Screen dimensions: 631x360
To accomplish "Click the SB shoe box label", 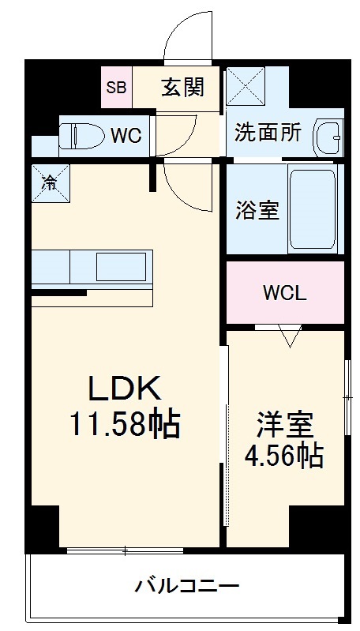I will pos(116,87).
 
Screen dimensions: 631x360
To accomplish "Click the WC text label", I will pos(126,135).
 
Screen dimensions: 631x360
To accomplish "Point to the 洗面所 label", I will pos(268,132).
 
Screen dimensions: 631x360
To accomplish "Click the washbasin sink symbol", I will pos(328,139).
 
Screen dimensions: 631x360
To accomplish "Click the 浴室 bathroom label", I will pos(257,211).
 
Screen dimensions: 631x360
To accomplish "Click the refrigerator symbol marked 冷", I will pos(50,182).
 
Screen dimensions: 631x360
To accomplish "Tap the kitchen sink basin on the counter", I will pos(121,265).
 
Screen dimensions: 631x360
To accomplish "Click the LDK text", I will pos(124,388).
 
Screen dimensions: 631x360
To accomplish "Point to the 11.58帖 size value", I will pos(124,426).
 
